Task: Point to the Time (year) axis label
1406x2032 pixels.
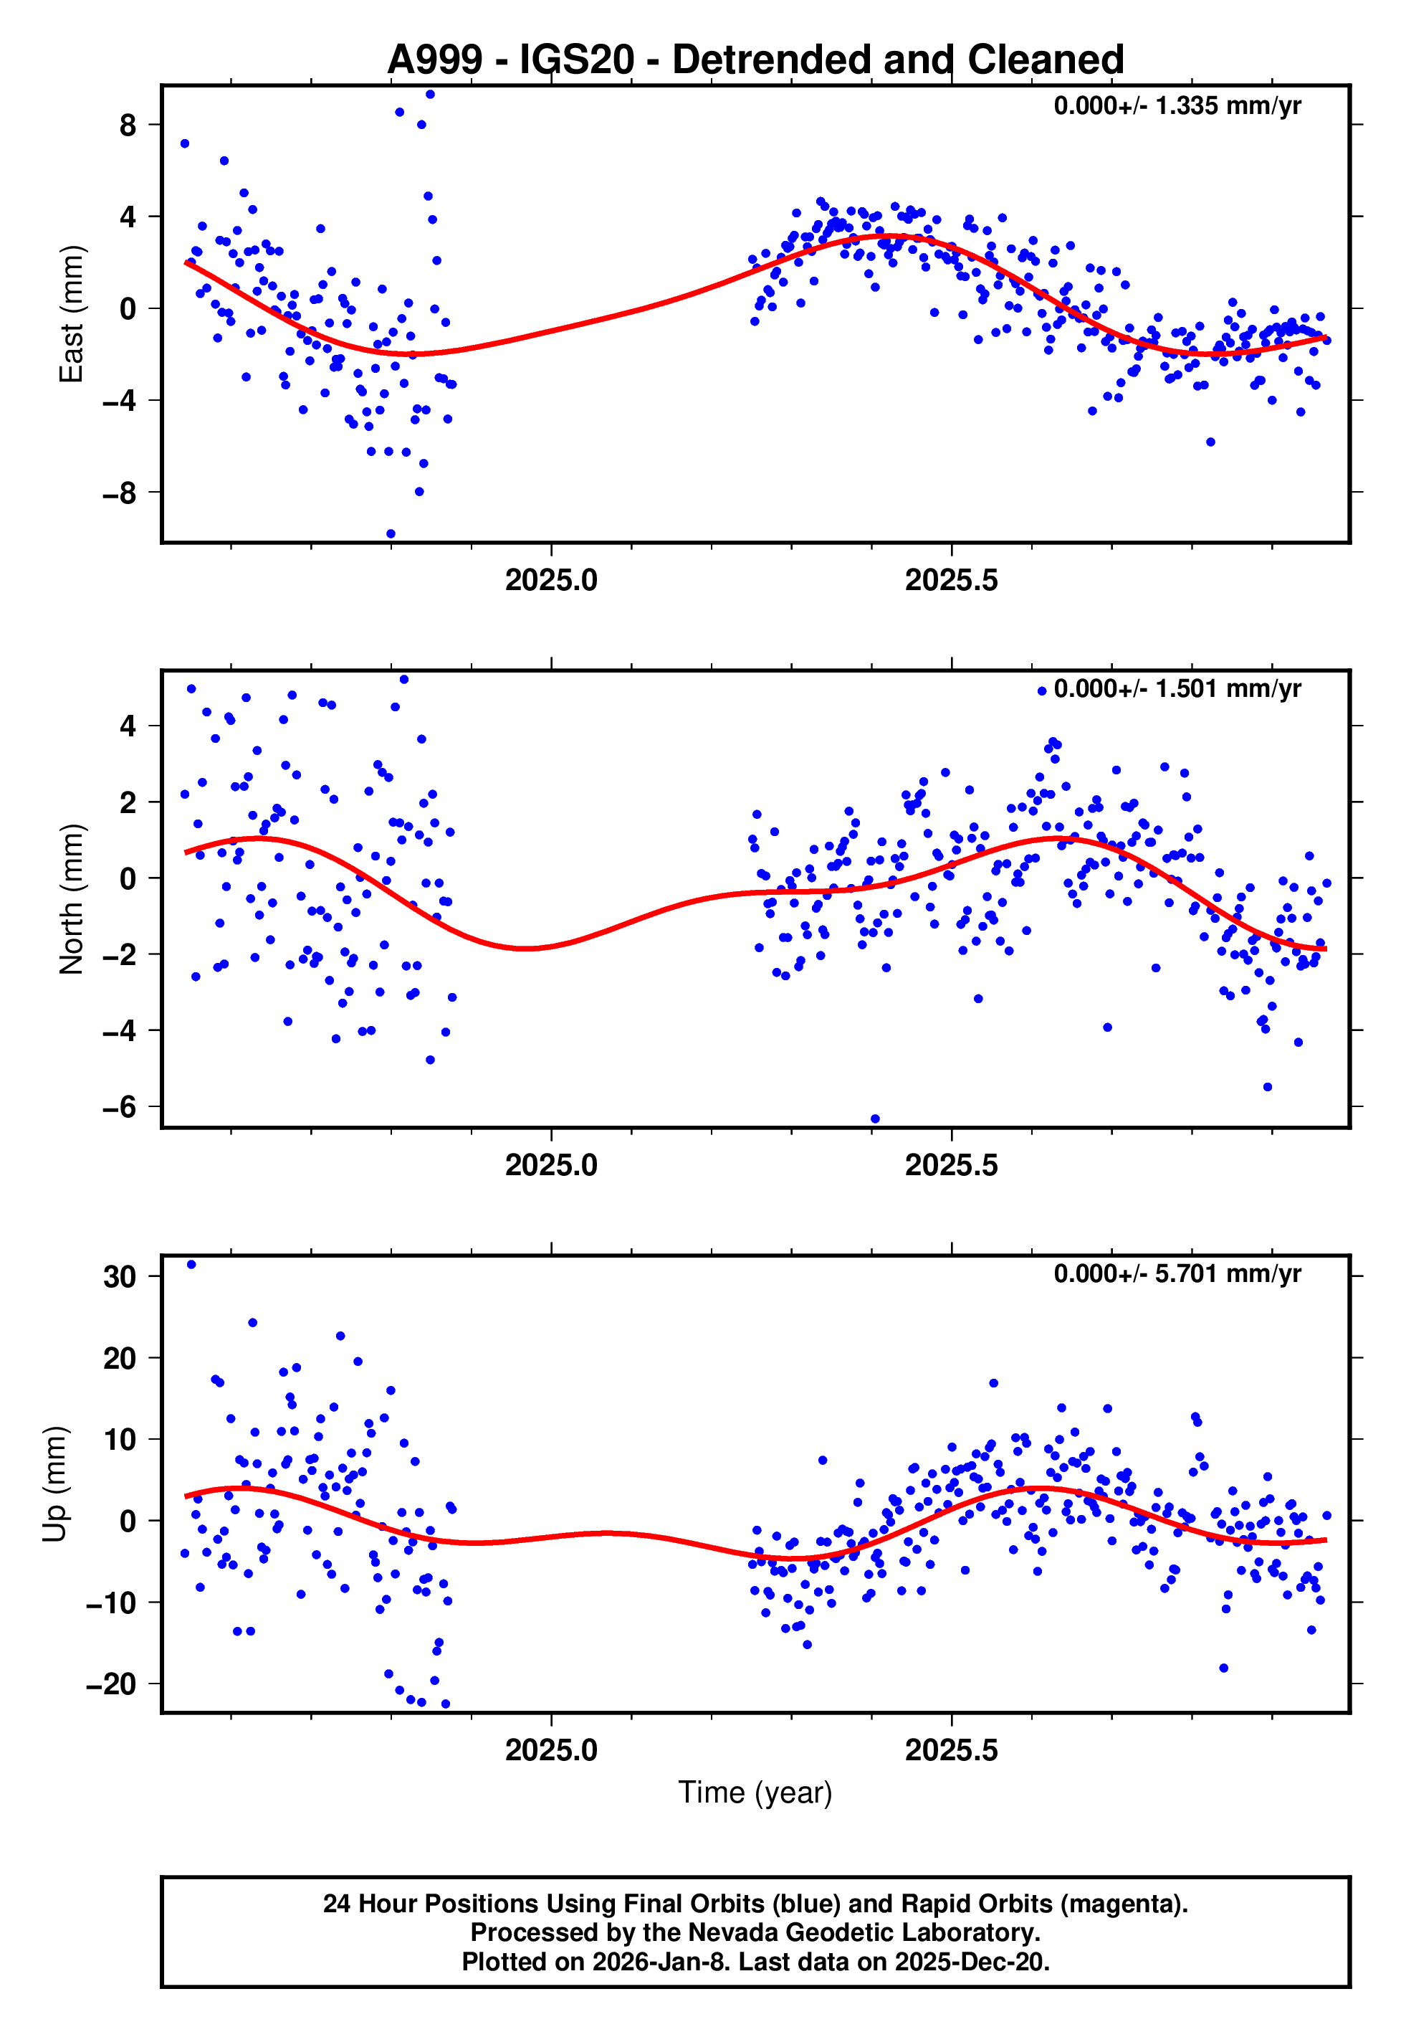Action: click(x=755, y=1793)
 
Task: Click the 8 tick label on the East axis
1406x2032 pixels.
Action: click(x=128, y=125)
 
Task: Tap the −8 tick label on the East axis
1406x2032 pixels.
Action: click(x=120, y=493)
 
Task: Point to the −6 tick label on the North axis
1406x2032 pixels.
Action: click(x=120, y=1107)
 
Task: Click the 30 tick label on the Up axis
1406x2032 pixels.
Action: click(x=120, y=1277)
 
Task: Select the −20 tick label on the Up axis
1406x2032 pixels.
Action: click(x=111, y=1684)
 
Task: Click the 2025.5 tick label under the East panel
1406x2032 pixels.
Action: click(x=952, y=581)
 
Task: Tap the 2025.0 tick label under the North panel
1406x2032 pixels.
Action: click(x=552, y=1166)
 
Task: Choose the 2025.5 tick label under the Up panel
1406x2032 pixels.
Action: click(x=952, y=1751)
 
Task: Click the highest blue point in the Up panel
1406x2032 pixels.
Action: click(x=191, y=1265)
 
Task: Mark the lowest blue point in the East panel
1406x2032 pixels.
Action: click(x=391, y=534)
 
